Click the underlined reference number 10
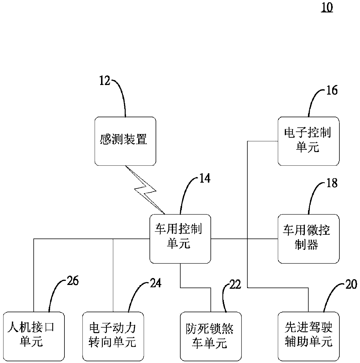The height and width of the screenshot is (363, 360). [x=327, y=8]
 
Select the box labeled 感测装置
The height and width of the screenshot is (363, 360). [x=125, y=141]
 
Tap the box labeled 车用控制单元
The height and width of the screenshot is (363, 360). [x=180, y=239]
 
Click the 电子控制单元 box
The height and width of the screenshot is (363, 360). [x=309, y=141]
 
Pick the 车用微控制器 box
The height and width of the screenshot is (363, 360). [x=309, y=239]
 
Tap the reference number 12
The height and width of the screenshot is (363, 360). [x=105, y=81]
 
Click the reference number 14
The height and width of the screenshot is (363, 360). [x=205, y=178]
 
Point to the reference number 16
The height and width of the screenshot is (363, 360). [x=332, y=90]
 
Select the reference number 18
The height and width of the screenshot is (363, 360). [x=332, y=183]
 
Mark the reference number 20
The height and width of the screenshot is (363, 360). [x=351, y=284]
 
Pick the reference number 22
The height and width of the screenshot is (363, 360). [x=235, y=284]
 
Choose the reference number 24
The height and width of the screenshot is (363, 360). [x=156, y=283]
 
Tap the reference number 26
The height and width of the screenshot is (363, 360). [x=73, y=281]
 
